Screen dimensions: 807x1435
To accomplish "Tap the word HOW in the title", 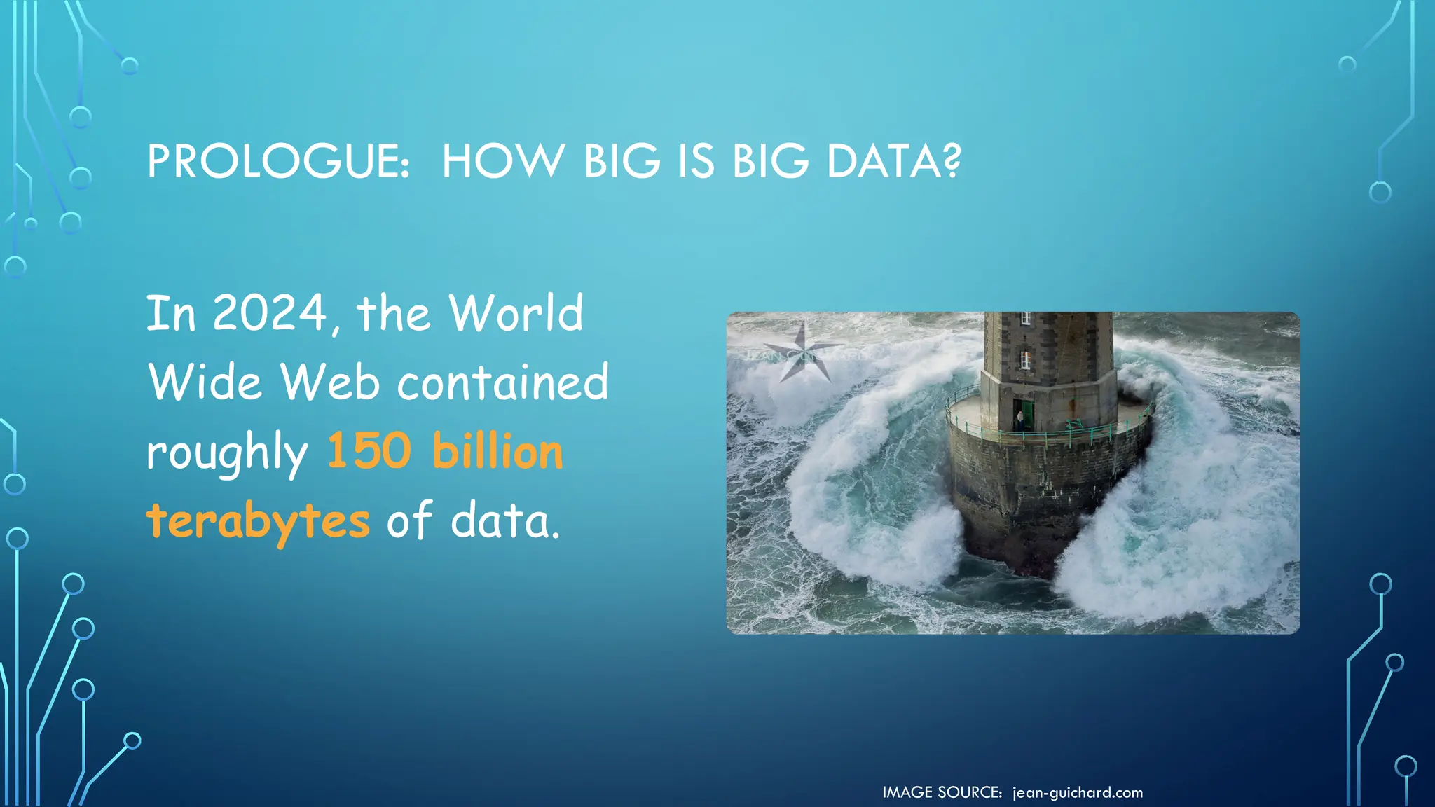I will pos(502,162).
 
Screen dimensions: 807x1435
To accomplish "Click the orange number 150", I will pos(369,450).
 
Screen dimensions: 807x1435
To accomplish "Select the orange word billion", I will pos(497,450).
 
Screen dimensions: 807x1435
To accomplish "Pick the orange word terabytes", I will pos(258,522).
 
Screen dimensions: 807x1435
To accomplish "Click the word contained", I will pos(503,382).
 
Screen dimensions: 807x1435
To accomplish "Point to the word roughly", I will pos(227,453).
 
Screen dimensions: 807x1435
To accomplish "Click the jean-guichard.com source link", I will pos(1078,793).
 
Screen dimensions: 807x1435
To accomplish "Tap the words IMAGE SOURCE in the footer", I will pos(942,793).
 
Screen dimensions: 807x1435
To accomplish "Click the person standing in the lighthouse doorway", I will pos(1019,420).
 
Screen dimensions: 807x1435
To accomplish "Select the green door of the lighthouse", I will pos(1028,415).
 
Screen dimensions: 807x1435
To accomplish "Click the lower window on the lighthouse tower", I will pos(1025,360).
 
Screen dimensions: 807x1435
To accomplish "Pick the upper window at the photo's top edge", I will pos(1025,317).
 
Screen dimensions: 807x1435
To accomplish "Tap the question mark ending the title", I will pos(951,162).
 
